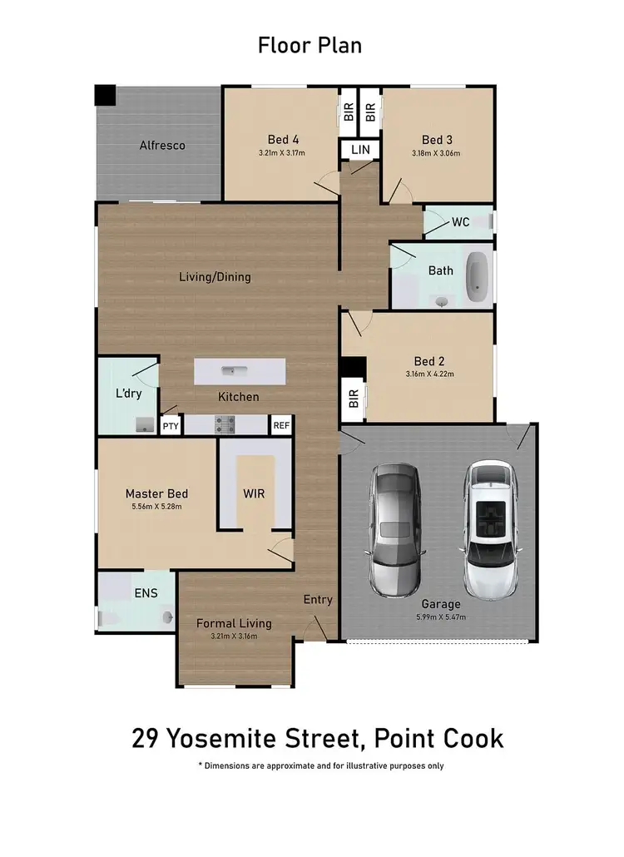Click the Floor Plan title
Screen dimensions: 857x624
(310, 45)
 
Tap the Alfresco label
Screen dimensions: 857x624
(161, 146)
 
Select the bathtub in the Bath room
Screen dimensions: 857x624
(477, 276)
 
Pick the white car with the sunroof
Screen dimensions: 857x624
(491, 530)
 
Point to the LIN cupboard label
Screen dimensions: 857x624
(359, 150)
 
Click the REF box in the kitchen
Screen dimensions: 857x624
(281, 426)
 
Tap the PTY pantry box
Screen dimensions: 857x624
(171, 426)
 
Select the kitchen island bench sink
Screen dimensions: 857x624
(228, 371)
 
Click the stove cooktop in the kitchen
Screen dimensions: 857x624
(225, 425)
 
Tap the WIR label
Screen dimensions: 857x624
(254, 493)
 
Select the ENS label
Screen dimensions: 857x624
(145, 594)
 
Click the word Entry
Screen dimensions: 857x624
(318, 599)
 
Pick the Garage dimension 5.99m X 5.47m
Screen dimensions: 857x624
(440, 618)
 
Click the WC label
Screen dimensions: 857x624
(461, 222)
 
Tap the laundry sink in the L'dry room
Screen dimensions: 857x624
(145, 426)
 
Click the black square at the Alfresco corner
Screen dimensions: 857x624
(105, 95)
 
